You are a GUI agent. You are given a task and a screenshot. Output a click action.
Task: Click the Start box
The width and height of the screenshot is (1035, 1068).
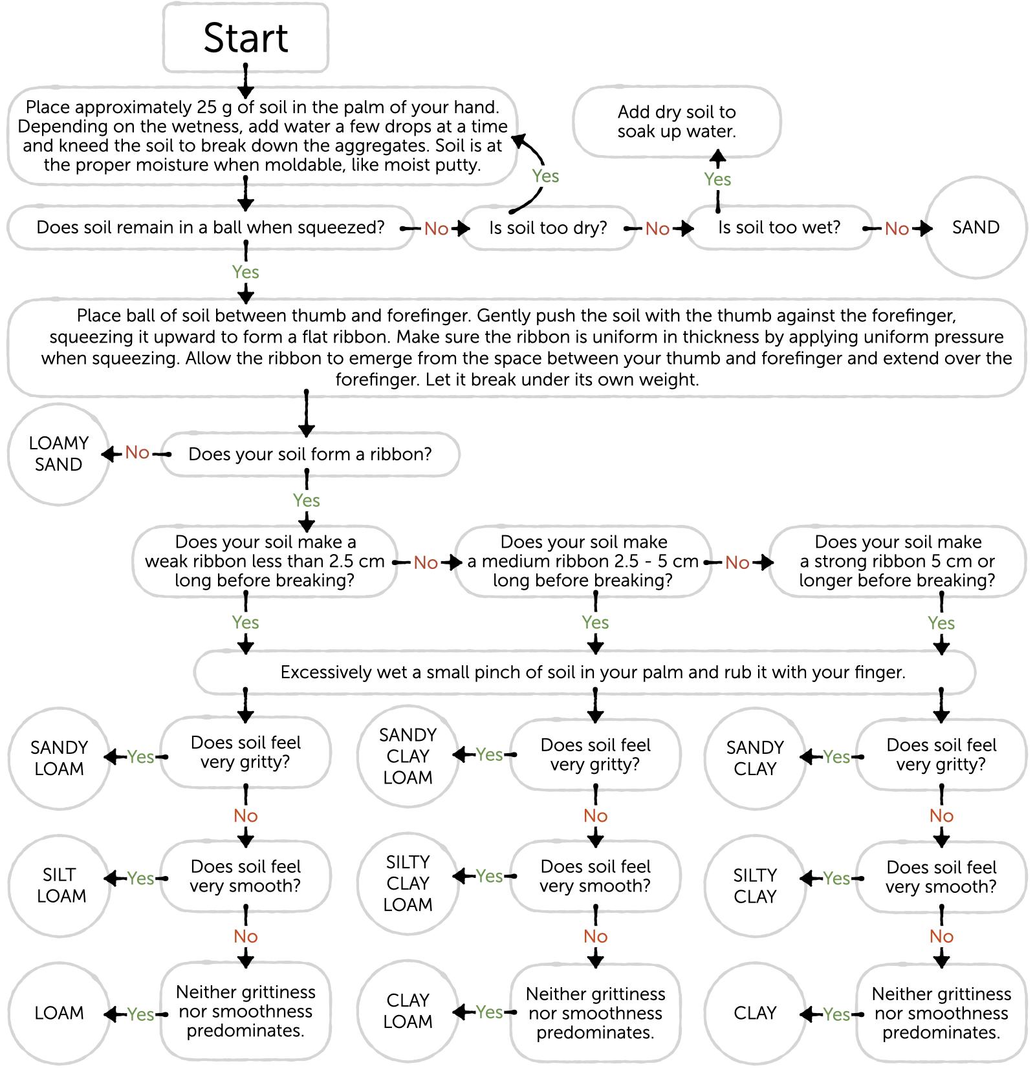point(246,37)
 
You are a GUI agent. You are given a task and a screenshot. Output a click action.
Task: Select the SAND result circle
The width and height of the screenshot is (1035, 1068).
point(976,228)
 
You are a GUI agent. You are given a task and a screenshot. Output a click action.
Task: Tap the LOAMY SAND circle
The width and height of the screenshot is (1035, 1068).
point(59,454)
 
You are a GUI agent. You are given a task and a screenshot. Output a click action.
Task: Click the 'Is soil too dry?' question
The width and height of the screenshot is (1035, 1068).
point(549,228)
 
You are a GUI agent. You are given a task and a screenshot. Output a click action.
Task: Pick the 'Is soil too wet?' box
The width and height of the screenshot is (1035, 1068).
point(779,228)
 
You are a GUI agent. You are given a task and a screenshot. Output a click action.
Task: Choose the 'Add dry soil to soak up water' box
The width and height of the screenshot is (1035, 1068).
point(677,122)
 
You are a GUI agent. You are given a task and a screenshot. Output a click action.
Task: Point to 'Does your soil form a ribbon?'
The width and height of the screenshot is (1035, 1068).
point(310,454)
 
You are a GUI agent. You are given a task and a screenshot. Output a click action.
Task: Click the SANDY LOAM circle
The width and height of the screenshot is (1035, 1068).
point(59,758)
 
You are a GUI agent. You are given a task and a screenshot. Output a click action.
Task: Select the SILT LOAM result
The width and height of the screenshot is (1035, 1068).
point(59,885)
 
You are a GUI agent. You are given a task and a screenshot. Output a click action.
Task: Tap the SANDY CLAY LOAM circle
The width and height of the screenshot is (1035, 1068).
point(408,756)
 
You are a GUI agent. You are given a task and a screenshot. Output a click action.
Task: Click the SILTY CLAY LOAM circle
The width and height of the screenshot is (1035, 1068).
point(408,883)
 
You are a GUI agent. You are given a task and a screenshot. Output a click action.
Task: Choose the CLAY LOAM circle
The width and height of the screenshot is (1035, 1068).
point(408,1011)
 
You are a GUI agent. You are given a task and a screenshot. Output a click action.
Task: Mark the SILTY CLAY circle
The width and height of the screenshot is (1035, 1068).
point(755,885)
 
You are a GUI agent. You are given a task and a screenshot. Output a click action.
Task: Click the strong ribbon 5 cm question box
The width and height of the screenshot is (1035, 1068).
point(897,561)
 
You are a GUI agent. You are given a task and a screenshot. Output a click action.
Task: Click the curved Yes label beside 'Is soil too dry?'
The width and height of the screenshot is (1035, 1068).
point(545,176)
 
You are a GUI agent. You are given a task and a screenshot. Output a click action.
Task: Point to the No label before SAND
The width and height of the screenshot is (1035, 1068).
point(897,228)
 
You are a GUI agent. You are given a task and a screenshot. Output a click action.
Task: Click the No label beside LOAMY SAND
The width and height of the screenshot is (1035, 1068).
point(137,453)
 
